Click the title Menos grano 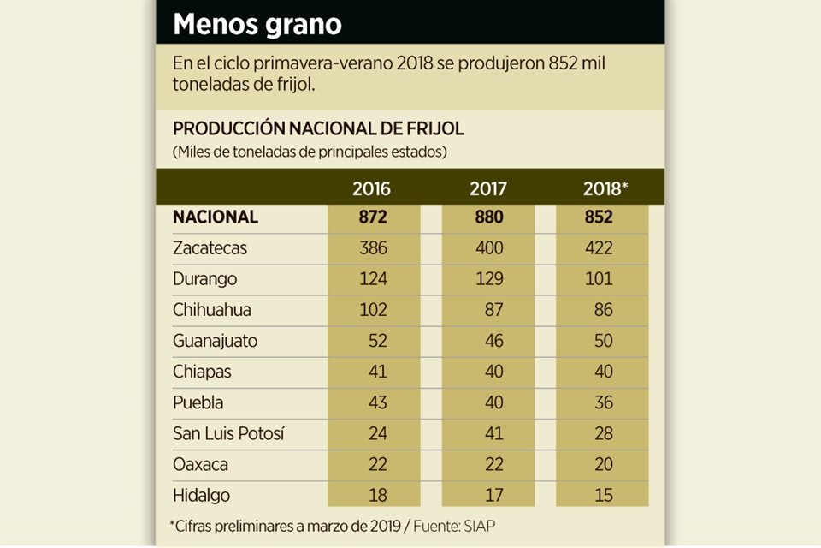pyautogui.click(x=257, y=24)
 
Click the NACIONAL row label pyautogui.click(x=216, y=217)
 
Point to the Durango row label pyautogui.click(x=205, y=279)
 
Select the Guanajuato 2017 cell pyautogui.click(x=493, y=341)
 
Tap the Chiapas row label pyautogui.click(x=202, y=372)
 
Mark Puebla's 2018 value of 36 pyautogui.click(x=603, y=402)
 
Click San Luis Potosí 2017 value pyautogui.click(x=493, y=434)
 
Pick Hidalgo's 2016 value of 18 pyautogui.click(x=376, y=496)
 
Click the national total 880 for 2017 pyautogui.click(x=488, y=217)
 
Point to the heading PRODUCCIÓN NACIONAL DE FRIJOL pyautogui.click(x=318, y=129)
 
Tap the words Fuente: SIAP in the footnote pyautogui.click(x=479, y=524)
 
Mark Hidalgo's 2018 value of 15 pyautogui.click(x=603, y=496)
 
